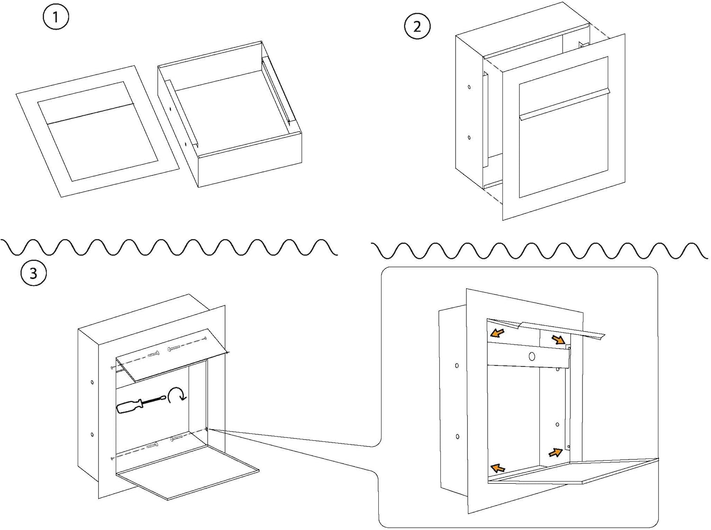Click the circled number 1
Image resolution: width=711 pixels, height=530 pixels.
56,17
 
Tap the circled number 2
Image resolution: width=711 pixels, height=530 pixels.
417,26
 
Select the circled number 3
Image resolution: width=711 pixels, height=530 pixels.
33,273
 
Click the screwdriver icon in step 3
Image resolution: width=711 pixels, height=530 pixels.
141,405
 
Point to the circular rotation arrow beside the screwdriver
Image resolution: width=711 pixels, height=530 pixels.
177,395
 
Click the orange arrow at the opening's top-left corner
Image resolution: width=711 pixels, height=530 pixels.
497,332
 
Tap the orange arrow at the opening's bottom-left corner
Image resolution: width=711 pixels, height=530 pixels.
498,468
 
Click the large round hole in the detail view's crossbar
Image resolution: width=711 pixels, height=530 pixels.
531,356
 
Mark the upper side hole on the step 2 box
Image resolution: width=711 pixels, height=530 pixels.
469,87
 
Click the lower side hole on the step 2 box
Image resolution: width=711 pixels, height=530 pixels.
469,137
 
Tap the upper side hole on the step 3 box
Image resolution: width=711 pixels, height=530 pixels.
92,382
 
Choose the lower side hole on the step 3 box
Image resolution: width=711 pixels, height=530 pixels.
92,434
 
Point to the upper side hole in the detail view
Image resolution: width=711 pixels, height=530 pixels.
457,366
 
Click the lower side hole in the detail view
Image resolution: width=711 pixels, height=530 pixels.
457,437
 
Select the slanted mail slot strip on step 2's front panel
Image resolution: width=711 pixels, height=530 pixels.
564,104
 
